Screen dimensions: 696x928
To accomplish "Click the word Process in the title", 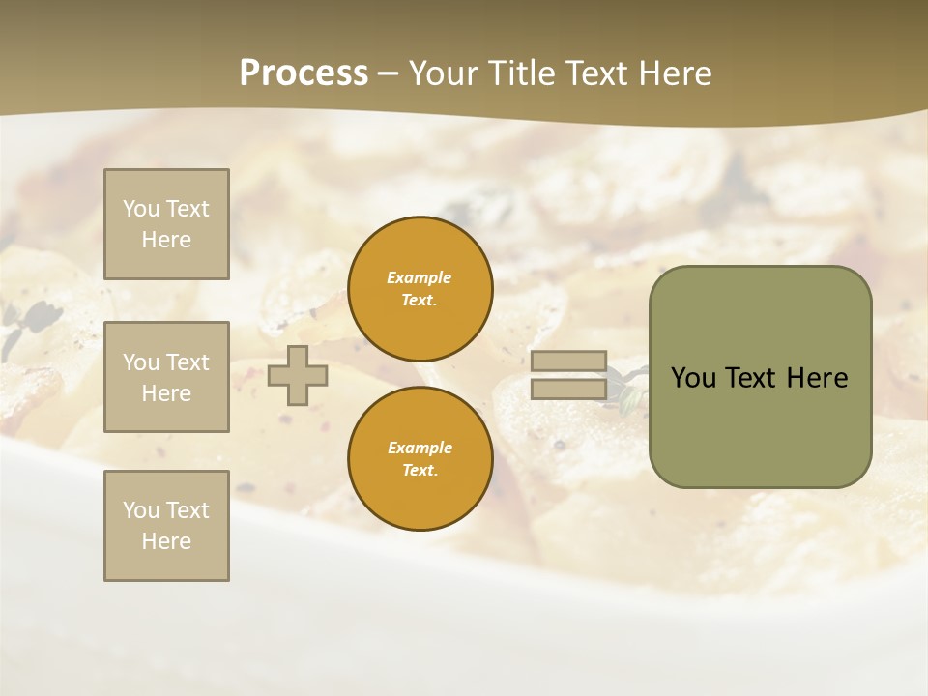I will click(304, 73).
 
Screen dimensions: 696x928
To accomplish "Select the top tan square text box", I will click(166, 224).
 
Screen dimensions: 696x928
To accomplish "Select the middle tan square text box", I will click(166, 377).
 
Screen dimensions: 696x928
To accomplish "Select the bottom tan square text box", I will click(166, 526).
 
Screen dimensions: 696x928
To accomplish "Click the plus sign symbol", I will click(298, 376).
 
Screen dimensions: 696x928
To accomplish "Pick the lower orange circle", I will click(420, 458).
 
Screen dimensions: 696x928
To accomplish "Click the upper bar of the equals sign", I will click(569, 362).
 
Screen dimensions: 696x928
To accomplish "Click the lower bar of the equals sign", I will click(569, 390).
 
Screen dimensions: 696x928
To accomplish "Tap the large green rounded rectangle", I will click(760, 425).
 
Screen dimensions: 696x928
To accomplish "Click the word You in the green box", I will click(693, 378).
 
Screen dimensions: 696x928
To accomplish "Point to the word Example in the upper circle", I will click(419, 277).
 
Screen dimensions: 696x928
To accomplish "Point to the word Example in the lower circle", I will click(420, 448).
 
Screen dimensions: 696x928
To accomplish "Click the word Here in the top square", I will click(166, 240).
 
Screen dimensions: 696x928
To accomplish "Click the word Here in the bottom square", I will click(166, 541).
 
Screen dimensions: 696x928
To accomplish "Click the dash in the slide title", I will click(388, 74).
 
